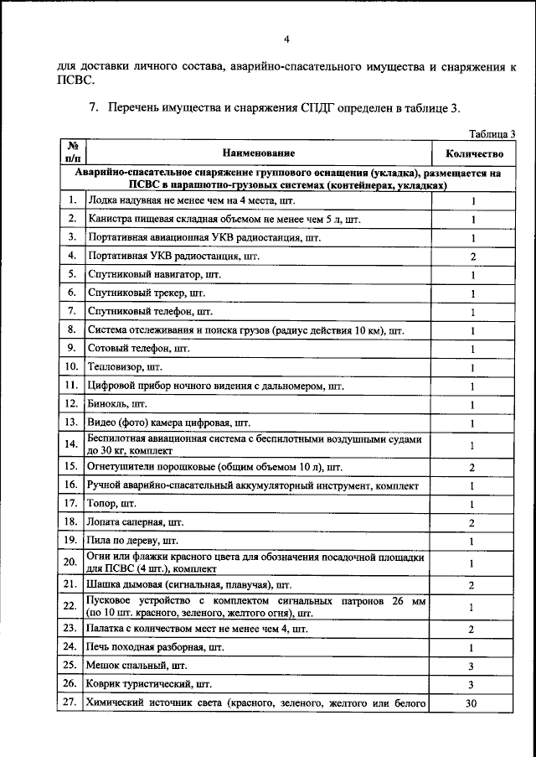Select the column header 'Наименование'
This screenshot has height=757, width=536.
click(259, 153)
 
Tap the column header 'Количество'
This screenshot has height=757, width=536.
click(473, 153)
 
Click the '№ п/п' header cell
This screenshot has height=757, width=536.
click(73, 153)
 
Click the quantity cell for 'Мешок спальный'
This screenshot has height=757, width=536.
click(473, 666)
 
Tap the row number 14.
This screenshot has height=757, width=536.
click(73, 444)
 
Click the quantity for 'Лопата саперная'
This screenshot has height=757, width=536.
click(473, 522)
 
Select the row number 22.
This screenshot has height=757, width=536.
click(73, 606)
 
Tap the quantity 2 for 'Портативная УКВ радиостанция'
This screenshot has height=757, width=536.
click(473, 257)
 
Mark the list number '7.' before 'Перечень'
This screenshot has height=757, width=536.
click(95, 108)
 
